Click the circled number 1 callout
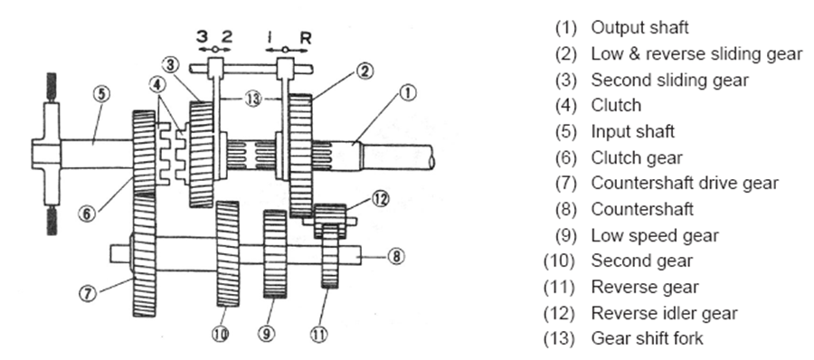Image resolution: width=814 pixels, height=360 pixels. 409,93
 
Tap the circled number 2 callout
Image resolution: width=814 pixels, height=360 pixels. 364,71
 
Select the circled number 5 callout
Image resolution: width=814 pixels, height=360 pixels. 101,93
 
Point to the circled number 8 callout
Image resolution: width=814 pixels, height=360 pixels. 397,256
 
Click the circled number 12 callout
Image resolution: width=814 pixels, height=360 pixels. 381,199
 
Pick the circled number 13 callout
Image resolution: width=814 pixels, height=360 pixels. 253,99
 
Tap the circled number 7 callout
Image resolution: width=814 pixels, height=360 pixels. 88,293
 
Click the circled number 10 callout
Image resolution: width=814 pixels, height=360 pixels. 220,335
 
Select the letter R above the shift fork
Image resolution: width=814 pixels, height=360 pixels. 306,37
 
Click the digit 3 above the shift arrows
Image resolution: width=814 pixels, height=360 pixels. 202,36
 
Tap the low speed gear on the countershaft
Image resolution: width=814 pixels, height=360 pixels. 275,254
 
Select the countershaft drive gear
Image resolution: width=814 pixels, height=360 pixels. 144,254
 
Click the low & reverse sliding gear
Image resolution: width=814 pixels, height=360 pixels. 300,156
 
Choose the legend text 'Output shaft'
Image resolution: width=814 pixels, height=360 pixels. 639,27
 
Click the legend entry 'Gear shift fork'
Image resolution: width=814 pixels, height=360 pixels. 624,338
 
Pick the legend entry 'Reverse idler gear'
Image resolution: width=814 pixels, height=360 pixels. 640,313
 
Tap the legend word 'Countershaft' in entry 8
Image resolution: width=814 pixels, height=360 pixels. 642,209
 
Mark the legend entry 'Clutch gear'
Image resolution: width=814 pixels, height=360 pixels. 619,157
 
